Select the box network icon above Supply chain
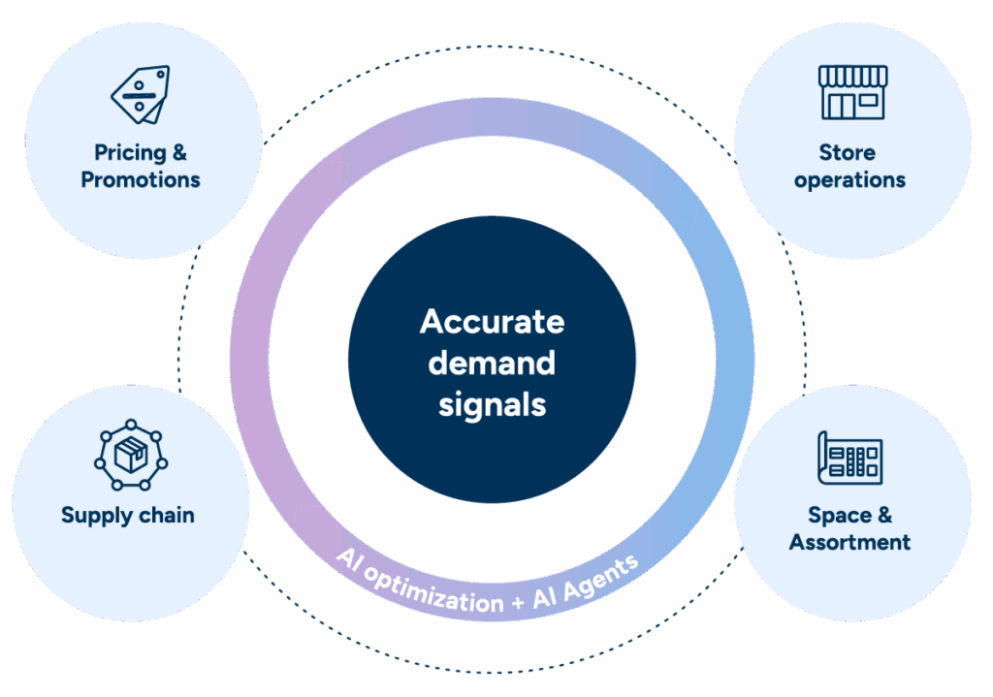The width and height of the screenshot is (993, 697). tap(130, 456)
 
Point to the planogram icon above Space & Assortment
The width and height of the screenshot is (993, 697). tap(850, 457)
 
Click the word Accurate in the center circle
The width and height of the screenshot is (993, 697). tap(492, 321)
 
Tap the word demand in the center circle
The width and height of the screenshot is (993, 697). tap(492, 363)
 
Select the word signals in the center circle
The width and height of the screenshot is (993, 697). tap(492, 404)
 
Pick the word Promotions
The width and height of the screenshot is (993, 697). tap(141, 179)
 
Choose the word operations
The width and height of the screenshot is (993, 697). tap(849, 179)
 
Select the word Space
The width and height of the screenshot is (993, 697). tap(837, 515)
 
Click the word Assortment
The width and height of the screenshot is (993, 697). tap(849, 542)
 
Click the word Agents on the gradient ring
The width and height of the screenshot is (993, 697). tap(601, 573)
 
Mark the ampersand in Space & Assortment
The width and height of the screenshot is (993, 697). tap(883, 515)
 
